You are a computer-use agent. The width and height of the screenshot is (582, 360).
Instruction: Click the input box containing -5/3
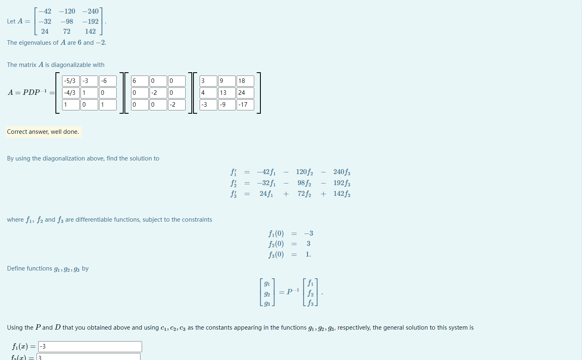pyautogui.click(x=71, y=81)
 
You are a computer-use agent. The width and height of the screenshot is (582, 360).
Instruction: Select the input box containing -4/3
pyautogui.click(x=71, y=93)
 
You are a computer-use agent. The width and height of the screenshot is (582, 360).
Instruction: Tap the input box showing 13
pyautogui.click(x=227, y=93)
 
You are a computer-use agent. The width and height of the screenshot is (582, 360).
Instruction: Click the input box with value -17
pyautogui.click(x=245, y=105)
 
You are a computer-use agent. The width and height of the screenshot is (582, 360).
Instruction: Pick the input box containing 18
pyautogui.click(x=245, y=81)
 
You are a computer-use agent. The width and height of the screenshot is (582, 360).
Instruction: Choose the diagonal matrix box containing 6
pyautogui.click(x=140, y=81)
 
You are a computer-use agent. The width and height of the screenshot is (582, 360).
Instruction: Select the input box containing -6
pyautogui.click(x=108, y=81)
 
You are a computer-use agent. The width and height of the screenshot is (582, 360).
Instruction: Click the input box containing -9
pyautogui.click(x=227, y=105)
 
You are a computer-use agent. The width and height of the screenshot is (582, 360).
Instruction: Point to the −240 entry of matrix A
pyautogui.click(x=90, y=11)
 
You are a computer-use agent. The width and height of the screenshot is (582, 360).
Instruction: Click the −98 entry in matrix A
pyautogui.click(x=67, y=21)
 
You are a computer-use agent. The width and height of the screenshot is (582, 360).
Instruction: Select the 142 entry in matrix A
pyautogui.click(x=90, y=31)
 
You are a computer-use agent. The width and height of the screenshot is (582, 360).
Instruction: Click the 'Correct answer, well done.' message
pyautogui.click(x=43, y=132)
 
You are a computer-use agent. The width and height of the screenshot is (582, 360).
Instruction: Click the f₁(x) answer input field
pyautogui.click(x=90, y=346)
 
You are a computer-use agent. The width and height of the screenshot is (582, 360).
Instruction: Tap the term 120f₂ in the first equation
pyautogui.click(x=304, y=172)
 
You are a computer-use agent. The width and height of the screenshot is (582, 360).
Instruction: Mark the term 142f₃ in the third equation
pyautogui.click(x=342, y=194)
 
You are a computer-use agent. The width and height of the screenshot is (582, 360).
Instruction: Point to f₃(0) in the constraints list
pyautogui.click(x=276, y=255)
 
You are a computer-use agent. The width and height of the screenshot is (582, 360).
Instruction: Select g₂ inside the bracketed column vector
pyautogui.click(x=267, y=294)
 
